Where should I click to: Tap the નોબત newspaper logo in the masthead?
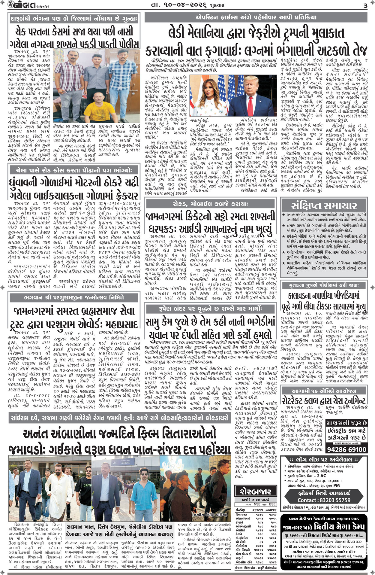pos(19,5)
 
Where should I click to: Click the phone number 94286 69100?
pos(346,450)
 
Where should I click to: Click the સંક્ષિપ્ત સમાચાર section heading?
pos(324,206)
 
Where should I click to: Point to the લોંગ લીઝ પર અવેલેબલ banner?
pos(324,460)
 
